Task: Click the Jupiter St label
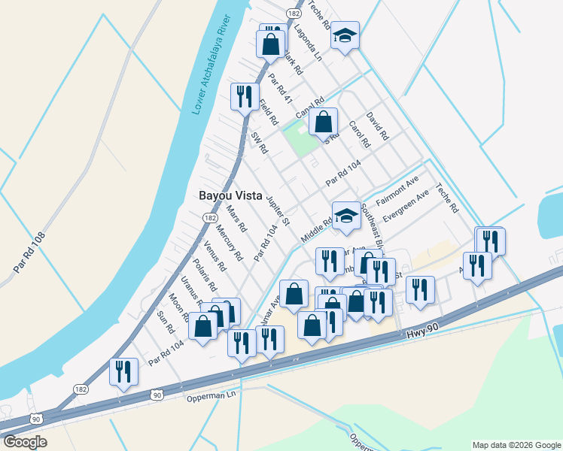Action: click(x=278, y=210)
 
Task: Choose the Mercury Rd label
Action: click(x=229, y=242)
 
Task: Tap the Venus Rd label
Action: click(x=215, y=256)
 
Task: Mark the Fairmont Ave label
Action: click(x=397, y=192)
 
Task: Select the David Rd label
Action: click(x=376, y=126)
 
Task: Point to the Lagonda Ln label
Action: click(x=308, y=45)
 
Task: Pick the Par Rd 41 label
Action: click(x=279, y=90)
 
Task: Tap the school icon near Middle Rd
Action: click(x=345, y=215)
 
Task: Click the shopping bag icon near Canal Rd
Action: click(x=323, y=122)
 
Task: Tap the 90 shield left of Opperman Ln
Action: click(x=157, y=394)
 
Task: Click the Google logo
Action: click(x=25, y=442)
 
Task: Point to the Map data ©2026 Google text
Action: click(x=516, y=445)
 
